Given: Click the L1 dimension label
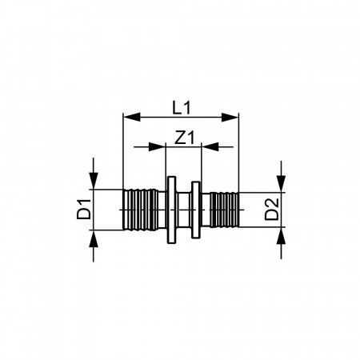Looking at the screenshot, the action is (x=182, y=108).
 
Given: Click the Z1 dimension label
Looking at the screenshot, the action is (x=185, y=138).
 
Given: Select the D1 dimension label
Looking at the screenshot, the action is (x=84, y=210).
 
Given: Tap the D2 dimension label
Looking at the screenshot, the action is (x=271, y=210).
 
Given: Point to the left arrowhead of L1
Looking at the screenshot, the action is (x=132, y=117).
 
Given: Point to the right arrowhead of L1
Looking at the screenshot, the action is (x=230, y=117).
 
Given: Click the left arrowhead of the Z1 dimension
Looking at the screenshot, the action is (x=157, y=146).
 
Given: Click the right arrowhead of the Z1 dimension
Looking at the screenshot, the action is (x=210, y=146).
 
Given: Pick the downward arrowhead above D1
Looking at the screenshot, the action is (x=94, y=181).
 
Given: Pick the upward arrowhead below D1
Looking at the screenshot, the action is (x=94, y=238).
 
